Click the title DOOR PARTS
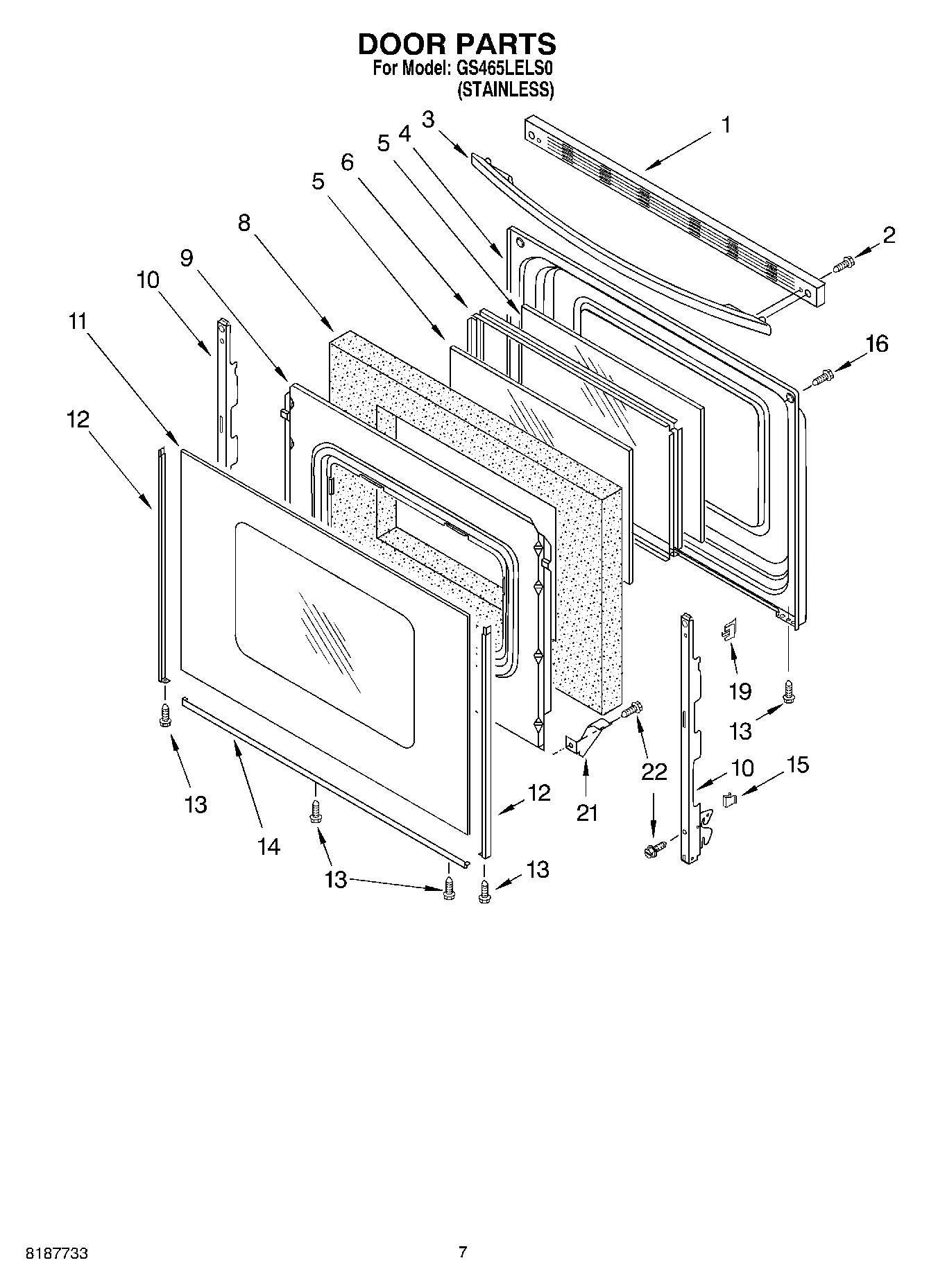click(457, 44)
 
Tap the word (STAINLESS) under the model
click(505, 90)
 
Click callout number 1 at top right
click(726, 126)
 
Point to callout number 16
click(877, 344)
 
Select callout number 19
click(740, 691)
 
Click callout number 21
click(587, 813)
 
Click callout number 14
click(269, 846)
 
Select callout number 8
click(244, 223)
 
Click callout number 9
click(187, 258)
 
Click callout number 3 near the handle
click(428, 119)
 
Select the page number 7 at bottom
click(463, 1252)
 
